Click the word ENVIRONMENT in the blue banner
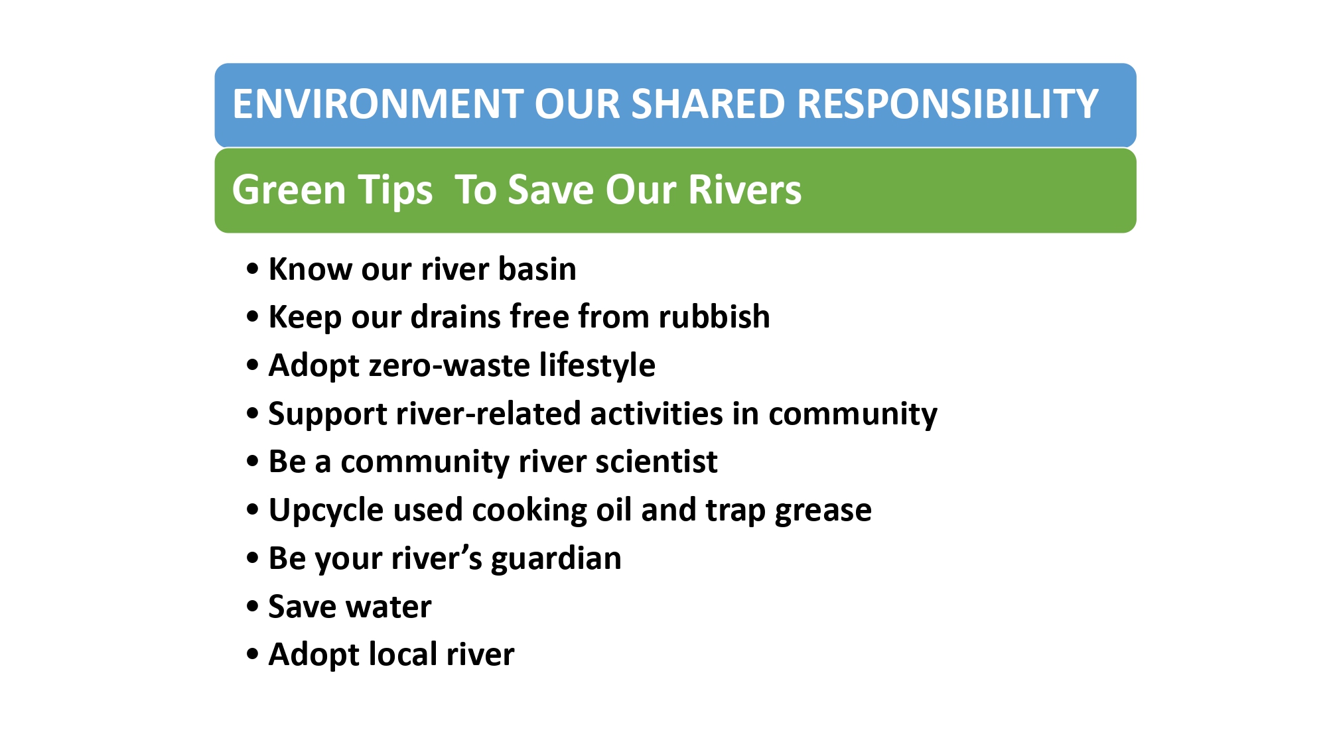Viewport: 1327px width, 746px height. click(x=378, y=104)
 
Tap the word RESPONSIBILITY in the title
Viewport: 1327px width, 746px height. click(x=947, y=104)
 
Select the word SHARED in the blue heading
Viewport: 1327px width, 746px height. click(x=709, y=104)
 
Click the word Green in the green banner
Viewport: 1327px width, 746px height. click(x=289, y=190)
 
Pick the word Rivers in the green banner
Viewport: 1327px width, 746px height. click(x=744, y=190)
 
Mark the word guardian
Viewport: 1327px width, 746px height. click(x=556, y=559)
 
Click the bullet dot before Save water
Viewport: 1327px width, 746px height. click(x=252, y=606)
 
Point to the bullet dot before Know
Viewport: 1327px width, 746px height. click(x=252, y=269)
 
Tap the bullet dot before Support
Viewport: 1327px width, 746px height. click(x=252, y=413)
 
